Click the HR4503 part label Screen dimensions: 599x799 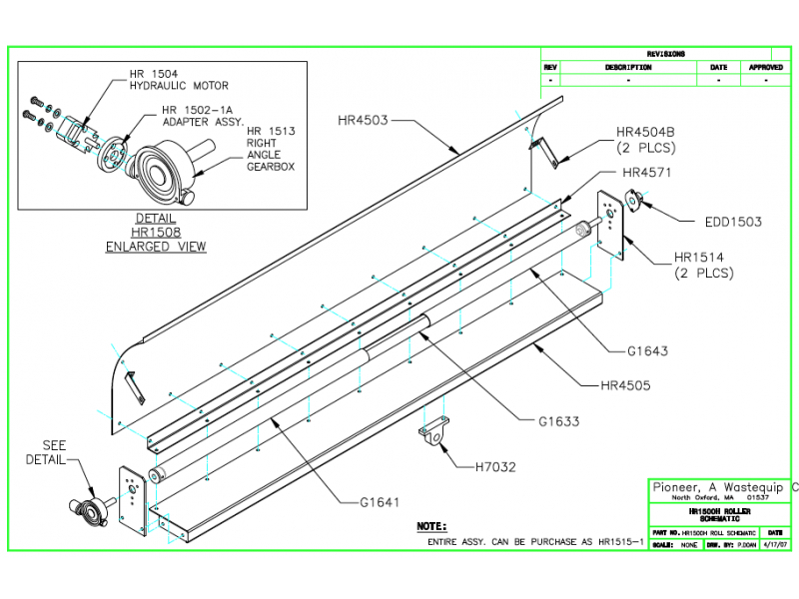363,121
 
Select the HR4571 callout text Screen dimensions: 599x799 647,172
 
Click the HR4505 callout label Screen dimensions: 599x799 625,383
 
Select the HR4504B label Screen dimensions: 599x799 646,132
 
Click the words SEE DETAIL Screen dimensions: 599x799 53,451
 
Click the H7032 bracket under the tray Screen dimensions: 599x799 431,437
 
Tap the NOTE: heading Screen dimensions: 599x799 431,525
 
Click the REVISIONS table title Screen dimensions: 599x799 664,54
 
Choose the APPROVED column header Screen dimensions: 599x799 765,68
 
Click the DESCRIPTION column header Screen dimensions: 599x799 627,68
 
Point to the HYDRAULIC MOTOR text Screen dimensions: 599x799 179,86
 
